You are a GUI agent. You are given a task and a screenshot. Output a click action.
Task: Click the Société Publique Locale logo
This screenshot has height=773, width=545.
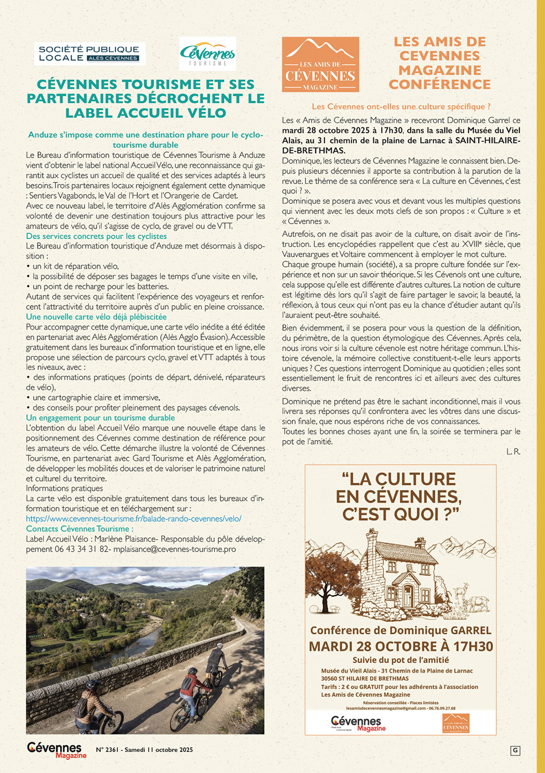pos(90,54)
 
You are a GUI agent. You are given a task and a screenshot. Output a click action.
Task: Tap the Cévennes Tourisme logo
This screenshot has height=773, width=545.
pos(207,54)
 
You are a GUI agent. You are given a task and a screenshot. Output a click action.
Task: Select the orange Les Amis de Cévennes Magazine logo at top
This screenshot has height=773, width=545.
pos(320,64)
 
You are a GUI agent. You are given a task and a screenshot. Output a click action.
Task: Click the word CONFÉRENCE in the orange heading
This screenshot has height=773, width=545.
pos(439,84)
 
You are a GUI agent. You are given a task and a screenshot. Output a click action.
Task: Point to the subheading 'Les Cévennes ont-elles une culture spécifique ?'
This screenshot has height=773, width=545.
pos(401,107)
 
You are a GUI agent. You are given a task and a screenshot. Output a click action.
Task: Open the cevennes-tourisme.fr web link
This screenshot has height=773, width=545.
pos(133,518)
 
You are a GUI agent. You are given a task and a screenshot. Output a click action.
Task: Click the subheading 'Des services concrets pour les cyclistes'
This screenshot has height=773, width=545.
pos(96,236)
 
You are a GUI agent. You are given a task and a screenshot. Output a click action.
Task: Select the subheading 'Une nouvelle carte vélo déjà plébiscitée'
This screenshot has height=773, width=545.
pos(96,317)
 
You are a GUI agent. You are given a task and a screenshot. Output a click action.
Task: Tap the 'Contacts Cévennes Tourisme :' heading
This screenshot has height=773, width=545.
pos(80,528)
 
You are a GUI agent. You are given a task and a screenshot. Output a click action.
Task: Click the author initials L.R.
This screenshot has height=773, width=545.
pos(513,452)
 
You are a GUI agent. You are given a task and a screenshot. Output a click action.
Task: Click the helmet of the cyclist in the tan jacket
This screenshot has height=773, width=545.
pos(93,685)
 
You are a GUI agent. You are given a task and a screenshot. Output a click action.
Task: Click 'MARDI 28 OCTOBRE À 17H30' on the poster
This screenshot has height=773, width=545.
pos(401,647)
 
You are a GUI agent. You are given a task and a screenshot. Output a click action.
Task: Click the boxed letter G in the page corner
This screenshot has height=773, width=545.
pos(515,750)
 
